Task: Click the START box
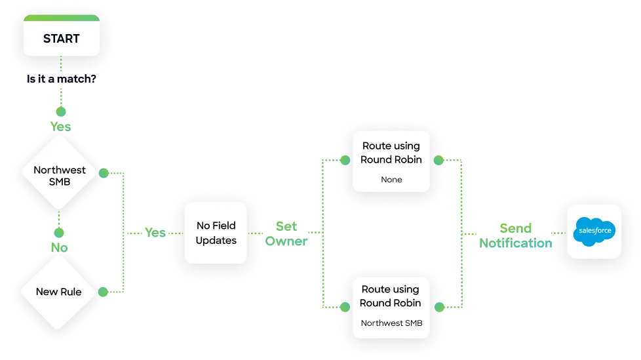point(62,38)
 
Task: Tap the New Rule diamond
point(59,291)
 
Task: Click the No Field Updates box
point(216,233)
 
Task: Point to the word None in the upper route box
point(391,179)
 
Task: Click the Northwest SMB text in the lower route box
point(391,323)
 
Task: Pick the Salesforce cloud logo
point(594,231)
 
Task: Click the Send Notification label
point(515,235)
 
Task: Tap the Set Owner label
point(286,233)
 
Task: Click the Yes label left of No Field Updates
point(155,233)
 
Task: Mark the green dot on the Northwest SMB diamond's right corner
point(102,173)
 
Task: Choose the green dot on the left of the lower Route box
point(343,306)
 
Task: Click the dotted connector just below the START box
point(60,66)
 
